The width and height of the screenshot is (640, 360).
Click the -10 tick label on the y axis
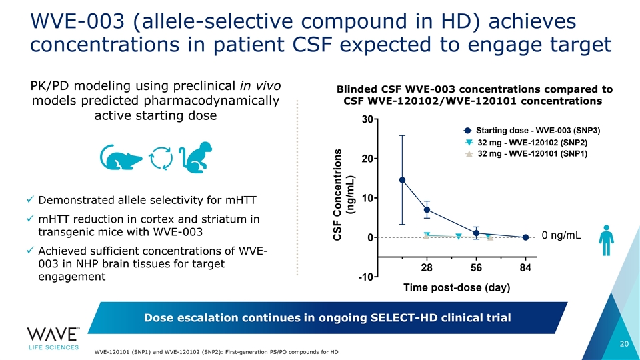(365, 277)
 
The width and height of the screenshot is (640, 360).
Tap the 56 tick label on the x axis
(476, 268)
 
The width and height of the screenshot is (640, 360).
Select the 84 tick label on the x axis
(525, 268)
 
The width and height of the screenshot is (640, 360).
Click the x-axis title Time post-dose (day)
(457, 288)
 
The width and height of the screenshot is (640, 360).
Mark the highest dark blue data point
(403, 180)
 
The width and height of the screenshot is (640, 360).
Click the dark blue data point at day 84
(525, 237)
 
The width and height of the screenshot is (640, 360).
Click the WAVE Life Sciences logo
(53, 338)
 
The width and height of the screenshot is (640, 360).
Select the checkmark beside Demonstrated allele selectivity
(31, 201)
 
